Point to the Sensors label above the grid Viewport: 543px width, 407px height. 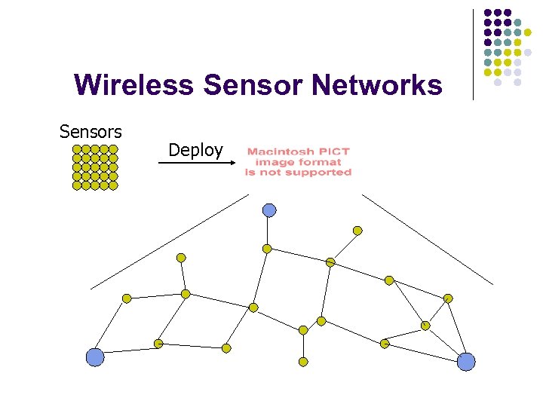coord(90,132)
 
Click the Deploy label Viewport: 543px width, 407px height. coord(195,150)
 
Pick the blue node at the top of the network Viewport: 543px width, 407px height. coord(269,210)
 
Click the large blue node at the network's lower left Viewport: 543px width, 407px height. coord(95,357)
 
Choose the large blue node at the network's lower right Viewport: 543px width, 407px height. coord(467,362)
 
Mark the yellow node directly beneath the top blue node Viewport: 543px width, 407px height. coord(267,248)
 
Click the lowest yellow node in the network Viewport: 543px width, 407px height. coord(303,362)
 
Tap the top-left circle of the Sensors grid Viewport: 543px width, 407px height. coord(77,149)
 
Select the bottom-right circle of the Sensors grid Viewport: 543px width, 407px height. coord(113,185)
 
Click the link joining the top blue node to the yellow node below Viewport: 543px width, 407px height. coord(268,230)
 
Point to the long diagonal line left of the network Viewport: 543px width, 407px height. coord(170,241)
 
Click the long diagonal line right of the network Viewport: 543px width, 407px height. coord(427,239)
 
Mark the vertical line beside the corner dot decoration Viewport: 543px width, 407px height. coord(473,53)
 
